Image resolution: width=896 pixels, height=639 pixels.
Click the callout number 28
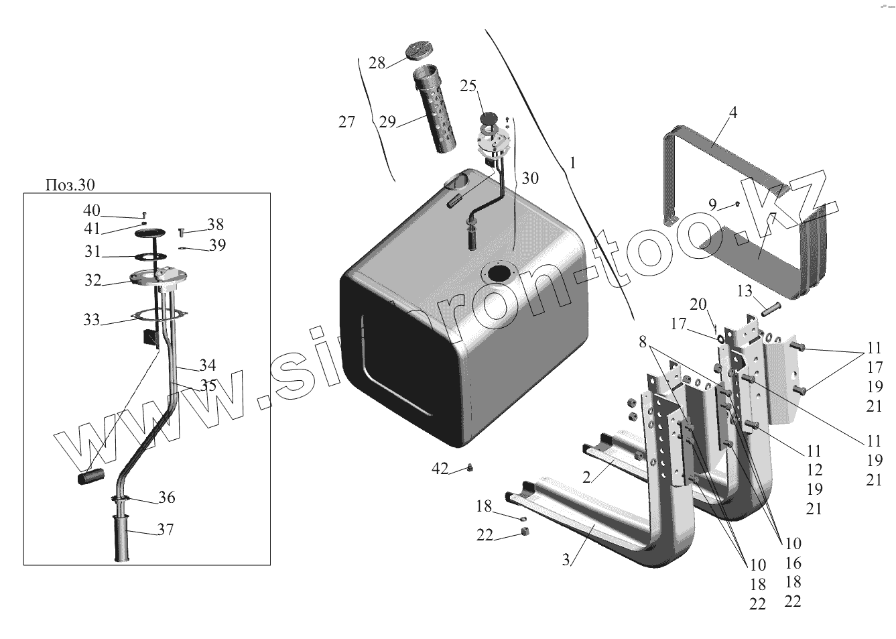377,63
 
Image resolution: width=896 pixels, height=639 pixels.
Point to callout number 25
468,86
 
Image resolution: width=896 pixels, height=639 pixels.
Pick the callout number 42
440,469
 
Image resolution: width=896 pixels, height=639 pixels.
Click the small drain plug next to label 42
470,468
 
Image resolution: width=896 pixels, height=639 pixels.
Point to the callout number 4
733,113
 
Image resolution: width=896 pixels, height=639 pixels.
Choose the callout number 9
712,204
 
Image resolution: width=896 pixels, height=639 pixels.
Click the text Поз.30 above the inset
70,184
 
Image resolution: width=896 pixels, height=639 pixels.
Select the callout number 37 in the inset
166,530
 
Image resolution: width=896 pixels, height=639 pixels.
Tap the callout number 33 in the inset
91,320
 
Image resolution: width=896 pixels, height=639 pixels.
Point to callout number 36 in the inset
167,498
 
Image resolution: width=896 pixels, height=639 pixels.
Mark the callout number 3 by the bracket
566,560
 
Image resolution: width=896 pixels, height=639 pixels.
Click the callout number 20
698,304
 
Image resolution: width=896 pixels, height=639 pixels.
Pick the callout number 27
346,122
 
